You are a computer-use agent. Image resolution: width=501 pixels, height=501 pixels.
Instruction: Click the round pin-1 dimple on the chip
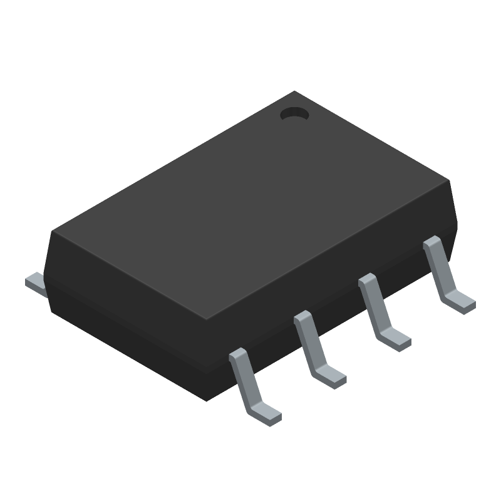[294, 114]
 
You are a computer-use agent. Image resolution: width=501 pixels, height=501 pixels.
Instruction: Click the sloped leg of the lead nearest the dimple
[437, 267]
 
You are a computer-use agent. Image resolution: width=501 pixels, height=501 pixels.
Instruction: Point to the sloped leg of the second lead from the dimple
[373, 304]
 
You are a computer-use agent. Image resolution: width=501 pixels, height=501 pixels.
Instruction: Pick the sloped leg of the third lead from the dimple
[308, 341]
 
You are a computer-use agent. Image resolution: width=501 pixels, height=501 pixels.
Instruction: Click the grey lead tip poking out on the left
[35, 282]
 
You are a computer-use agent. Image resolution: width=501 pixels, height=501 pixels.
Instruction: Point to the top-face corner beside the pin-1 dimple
[295, 92]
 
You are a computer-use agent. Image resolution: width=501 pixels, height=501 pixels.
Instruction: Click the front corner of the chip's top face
[207, 319]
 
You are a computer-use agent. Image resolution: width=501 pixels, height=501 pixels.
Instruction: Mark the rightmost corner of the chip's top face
[450, 180]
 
